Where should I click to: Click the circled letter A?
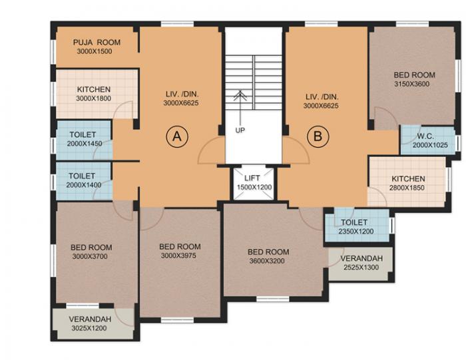[177, 136]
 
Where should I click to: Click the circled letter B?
[318, 136]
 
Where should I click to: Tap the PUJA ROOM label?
[97, 42]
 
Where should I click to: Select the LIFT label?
[252, 178]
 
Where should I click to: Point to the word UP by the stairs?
[240, 130]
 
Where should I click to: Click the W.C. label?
[425, 136]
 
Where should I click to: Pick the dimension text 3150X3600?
[412, 84]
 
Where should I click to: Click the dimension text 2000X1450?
[85, 144]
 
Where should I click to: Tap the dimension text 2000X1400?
[84, 185]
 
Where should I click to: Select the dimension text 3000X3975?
[178, 256]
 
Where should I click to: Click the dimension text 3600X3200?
[267, 261]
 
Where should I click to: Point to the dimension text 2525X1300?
[361, 268]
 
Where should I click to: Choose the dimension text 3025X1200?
[89, 328]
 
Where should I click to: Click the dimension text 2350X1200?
[356, 232]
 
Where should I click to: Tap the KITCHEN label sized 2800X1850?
[408, 179]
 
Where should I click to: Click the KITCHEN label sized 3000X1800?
[94, 89]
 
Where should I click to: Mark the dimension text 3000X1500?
[95, 51]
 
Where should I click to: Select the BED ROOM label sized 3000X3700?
[91, 248]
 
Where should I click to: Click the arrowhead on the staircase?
[240, 94]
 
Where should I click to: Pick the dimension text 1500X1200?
[254, 188]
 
